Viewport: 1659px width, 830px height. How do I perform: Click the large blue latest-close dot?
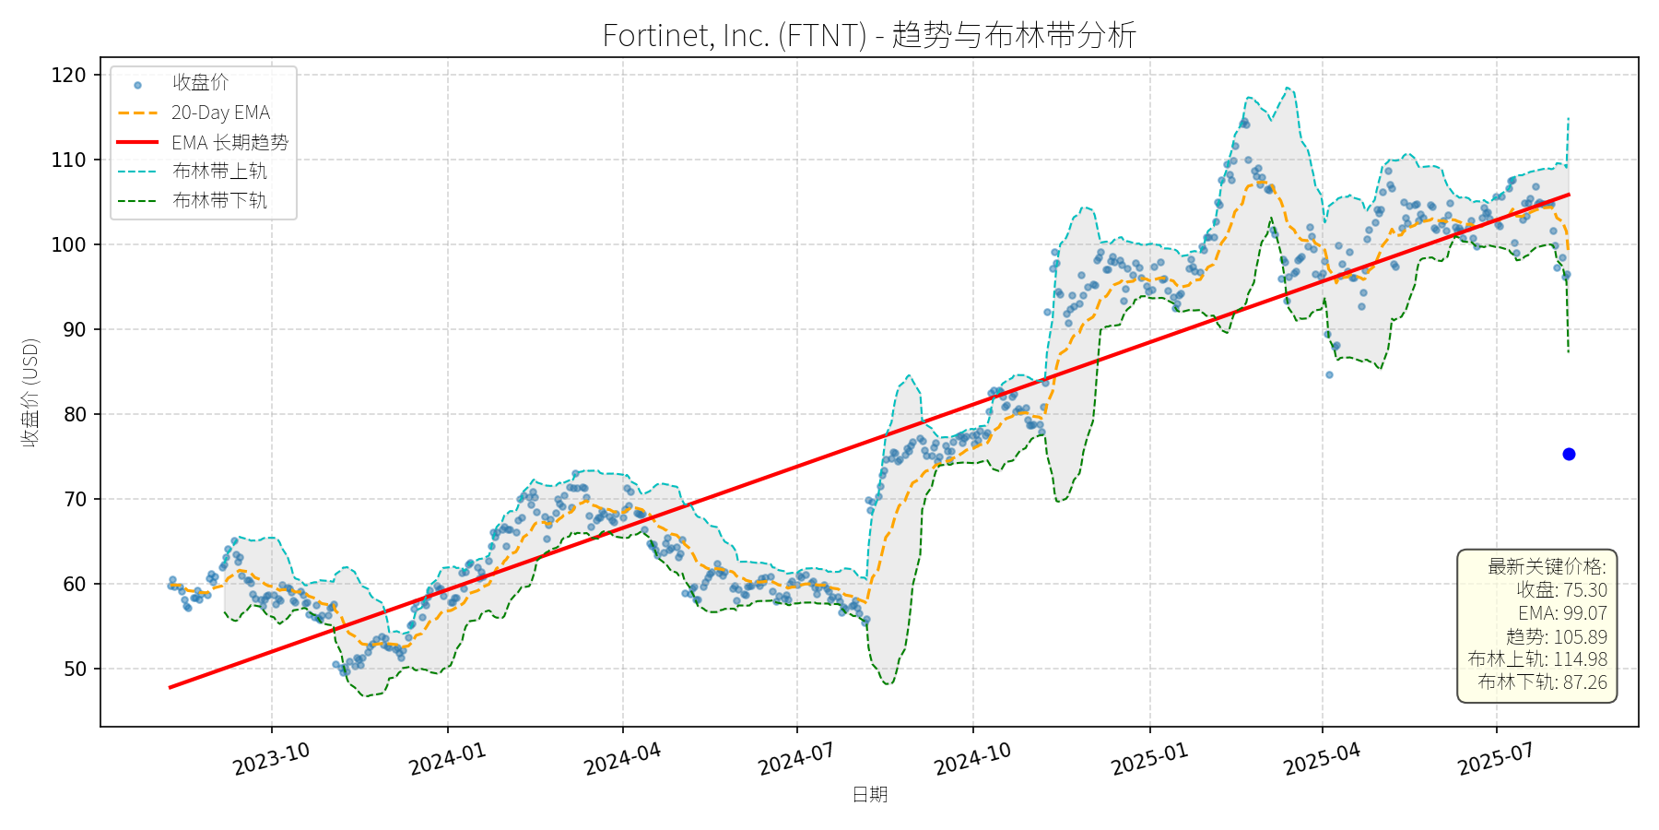coord(1569,454)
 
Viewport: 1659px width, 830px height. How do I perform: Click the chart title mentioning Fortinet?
coord(869,35)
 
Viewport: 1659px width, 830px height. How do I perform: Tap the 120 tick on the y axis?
coord(68,76)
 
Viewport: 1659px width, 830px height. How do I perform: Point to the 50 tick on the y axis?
coord(75,669)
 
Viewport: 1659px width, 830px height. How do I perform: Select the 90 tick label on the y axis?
coord(75,329)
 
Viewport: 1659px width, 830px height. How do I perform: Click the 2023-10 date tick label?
coord(271,759)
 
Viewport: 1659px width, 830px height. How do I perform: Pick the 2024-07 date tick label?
coord(796,759)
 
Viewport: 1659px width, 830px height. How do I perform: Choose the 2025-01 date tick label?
coord(1149,759)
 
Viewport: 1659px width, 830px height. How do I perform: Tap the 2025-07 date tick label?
coord(1495,759)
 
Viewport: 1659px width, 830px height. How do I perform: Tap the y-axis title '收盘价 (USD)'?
coord(30,392)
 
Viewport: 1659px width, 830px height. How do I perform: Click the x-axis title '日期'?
coord(869,794)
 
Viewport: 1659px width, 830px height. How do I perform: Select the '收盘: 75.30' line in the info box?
coord(1561,590)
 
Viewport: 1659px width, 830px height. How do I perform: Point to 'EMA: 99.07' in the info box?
coord(1562,613)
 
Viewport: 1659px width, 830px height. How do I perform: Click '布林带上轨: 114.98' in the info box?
coord(1537,659)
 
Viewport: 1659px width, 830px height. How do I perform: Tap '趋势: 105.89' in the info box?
coord(1556,636)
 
